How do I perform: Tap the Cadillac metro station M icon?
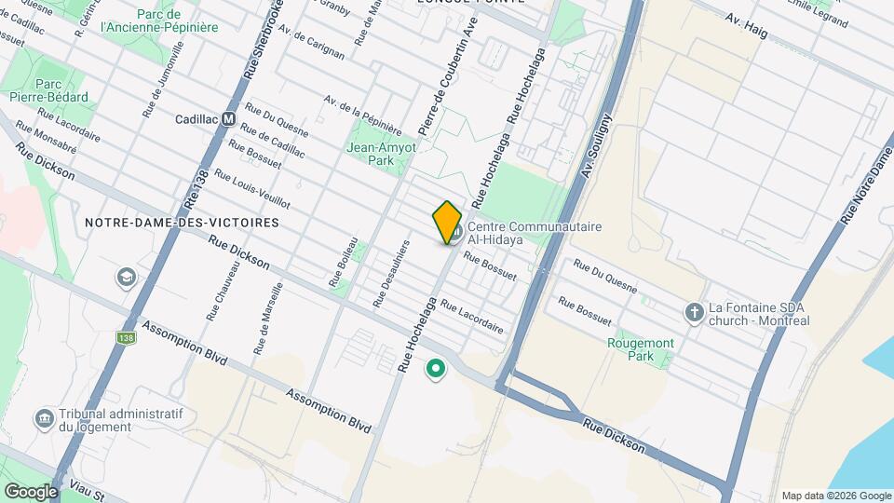[x=227, y=119]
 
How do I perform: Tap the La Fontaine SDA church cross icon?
[x=694, y=313]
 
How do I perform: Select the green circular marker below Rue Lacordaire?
[x=435, y=370]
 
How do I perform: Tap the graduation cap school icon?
[x=125, y=278]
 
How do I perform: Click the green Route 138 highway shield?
[x=128, y=337]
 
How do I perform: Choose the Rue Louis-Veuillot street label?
[x=251, y=189]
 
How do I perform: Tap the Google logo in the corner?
[x=31, y=491]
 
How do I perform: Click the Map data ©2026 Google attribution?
[x=835, y=496]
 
